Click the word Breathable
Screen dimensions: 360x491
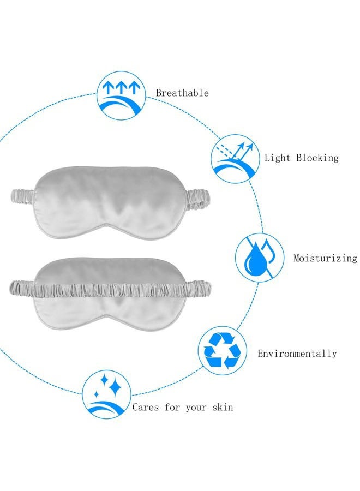[x=182, y=93]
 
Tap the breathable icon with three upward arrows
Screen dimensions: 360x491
[x=121, y=95]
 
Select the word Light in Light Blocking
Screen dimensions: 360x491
[x=277, y=158]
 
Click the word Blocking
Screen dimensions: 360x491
[x=317, y=157]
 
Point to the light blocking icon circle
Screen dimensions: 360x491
[x=236, y=159]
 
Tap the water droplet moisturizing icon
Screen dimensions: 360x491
[x=260, y=258]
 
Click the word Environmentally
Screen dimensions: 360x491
[x=297, y=354]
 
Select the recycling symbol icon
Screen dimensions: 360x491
[x=222, y=350]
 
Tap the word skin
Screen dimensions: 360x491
[x=223, y=407]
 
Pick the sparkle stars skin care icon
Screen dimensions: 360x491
[x=107, y=394]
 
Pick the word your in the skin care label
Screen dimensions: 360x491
[x=196, y=408]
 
